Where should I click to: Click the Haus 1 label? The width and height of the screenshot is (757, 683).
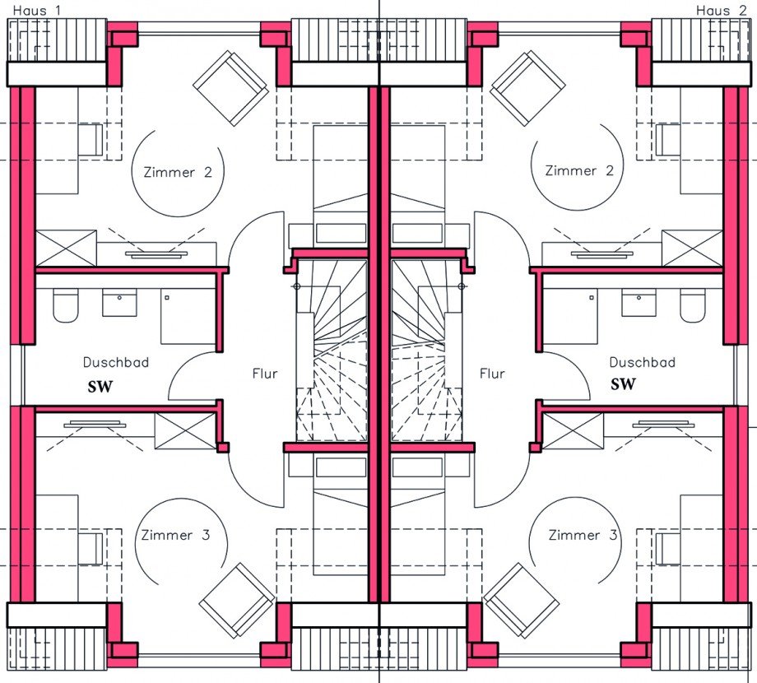pos(37,10)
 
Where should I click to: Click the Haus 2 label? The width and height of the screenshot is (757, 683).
pos(722,10)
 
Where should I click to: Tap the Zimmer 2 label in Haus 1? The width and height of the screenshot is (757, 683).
pos(179,172)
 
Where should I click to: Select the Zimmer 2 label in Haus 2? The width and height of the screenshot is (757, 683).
pos(579,170)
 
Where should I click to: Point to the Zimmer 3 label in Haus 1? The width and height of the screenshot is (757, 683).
pos(176,535)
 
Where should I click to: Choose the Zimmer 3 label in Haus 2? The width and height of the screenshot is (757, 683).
pos(583,535)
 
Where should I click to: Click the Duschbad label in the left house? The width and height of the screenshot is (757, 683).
pos(116,363)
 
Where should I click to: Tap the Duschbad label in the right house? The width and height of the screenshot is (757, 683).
pos(642,363)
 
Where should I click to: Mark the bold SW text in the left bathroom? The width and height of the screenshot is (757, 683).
pos(100,387)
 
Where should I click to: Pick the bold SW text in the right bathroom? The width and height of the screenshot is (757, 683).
pos(623,384)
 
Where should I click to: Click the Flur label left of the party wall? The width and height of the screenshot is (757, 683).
pos(265,374)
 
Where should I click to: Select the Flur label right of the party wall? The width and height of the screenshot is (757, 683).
pos(492,374)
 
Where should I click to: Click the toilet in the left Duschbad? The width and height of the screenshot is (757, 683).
pos(66,305)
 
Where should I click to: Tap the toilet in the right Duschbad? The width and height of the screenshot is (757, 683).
pos(694,305)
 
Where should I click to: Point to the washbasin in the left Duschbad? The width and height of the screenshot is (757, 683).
pos(120,303)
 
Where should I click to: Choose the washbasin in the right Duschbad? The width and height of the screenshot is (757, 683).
pos(639,303)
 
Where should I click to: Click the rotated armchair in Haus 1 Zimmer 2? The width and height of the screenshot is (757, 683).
pos(230,88)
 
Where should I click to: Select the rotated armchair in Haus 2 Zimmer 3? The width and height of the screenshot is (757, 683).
pos(522,601)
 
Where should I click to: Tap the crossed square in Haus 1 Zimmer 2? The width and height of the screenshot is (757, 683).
pos(67,248)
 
